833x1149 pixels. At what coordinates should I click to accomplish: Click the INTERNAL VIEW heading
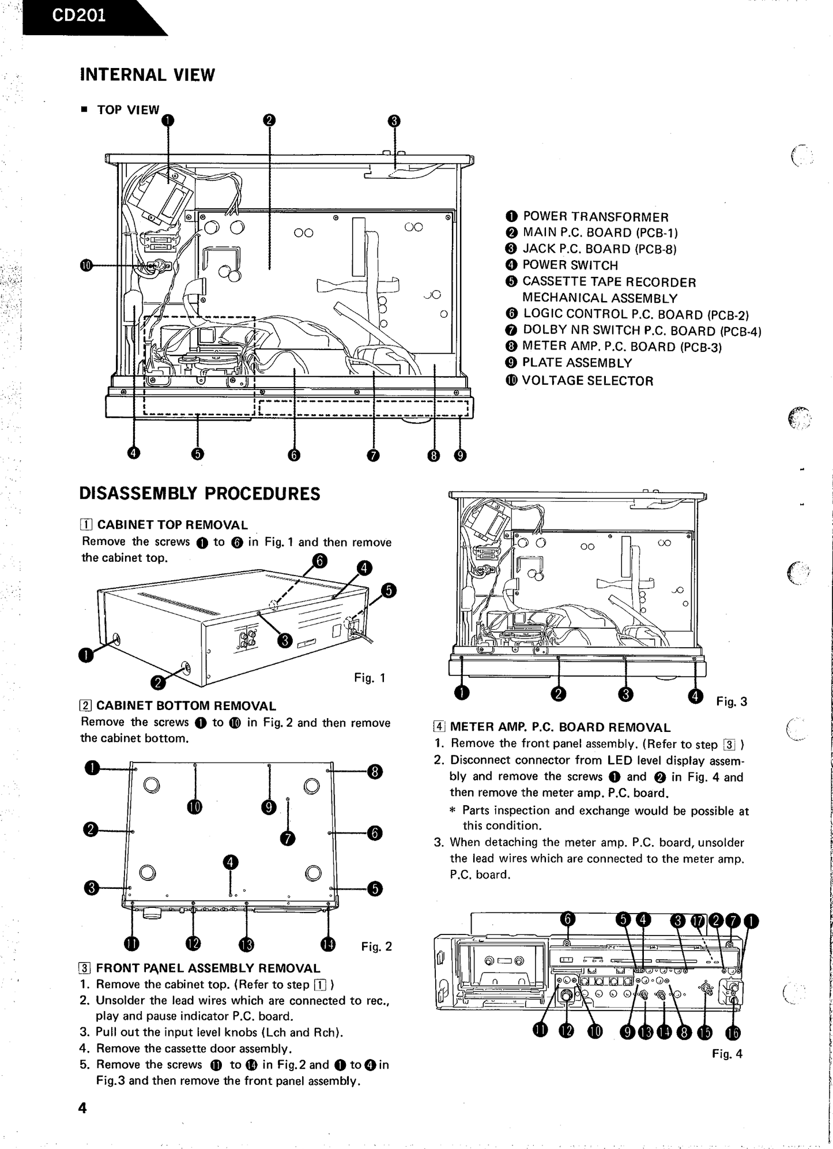coord(147,75)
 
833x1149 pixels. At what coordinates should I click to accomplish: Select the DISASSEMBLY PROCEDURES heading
coord(199,494)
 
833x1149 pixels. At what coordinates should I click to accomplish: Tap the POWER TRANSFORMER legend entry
coord(595,217)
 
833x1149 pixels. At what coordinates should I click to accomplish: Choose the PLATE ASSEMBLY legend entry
coord(576,363)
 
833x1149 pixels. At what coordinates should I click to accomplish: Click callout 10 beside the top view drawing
coord(86,265)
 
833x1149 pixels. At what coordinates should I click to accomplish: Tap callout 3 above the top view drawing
coord(394,121)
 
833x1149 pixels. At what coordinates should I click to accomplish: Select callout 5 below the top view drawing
coord(198,454)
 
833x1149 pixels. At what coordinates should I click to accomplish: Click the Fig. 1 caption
coord(370,678)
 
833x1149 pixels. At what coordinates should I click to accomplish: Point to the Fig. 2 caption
coord(376,946)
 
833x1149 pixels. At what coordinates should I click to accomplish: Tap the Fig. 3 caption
coord(732,701)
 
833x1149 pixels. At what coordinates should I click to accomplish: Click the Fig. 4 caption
coord(727,1054)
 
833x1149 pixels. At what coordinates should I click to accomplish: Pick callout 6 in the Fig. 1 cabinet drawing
coord(319,561)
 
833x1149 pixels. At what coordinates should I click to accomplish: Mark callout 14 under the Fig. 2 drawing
coord(328,944)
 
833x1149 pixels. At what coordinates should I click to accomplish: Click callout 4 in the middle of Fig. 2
coord(231,862)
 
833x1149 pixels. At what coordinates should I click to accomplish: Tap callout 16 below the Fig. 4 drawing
coord(733,1032)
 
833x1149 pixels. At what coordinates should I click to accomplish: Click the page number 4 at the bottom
coord(82,1108)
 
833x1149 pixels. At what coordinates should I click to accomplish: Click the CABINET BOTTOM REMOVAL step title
coord(186,705)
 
